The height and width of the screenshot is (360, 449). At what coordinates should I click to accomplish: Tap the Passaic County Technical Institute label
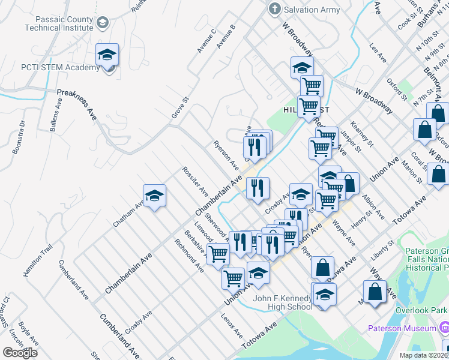[x=59, y=23]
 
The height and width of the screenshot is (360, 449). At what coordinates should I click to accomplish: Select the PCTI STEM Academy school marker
[x=107, y=56]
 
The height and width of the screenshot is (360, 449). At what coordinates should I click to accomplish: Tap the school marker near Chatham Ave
[x=154, y=196]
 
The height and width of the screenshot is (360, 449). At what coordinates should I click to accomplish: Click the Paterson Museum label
[x=402, y=328]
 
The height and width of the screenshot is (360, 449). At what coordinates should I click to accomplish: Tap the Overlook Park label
[x=422, y=311]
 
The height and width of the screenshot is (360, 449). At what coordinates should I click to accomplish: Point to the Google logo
[x=20, y=352]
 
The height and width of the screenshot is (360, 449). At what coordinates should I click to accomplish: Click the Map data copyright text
[x=423, y=355]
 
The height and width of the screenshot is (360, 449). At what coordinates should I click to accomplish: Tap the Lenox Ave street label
[x=231, y=325]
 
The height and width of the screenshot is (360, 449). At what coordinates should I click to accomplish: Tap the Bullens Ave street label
[x=57, y=114]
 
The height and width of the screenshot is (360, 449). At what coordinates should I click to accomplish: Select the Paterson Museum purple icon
[x=444, y=328]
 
